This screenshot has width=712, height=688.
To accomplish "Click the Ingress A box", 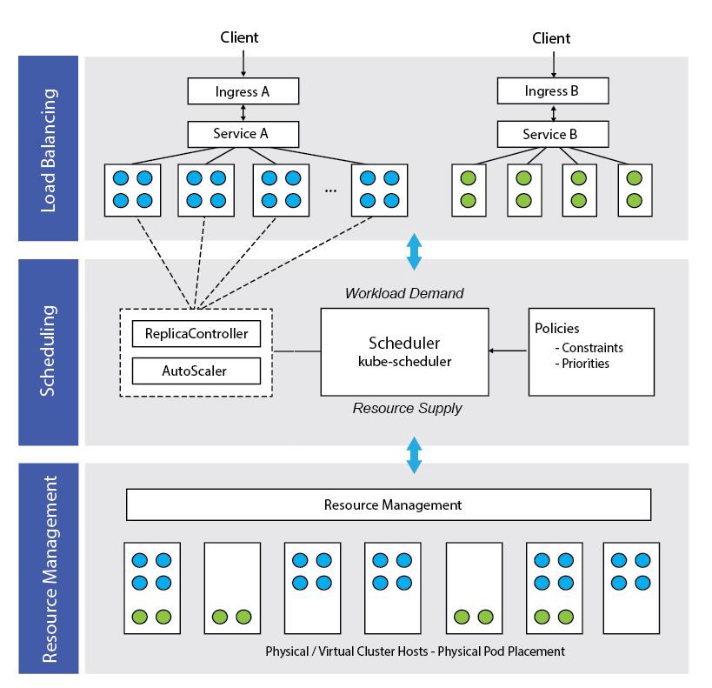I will (243, 90).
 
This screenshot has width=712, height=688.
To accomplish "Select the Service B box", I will (552, 134).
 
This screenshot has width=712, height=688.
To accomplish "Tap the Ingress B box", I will (552, 90).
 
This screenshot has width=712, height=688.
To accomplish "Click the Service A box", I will (243, 134).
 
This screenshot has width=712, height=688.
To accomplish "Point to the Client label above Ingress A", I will (239, 37).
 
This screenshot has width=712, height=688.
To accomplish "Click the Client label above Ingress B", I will (551, 37).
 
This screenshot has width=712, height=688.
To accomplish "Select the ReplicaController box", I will (196, 334).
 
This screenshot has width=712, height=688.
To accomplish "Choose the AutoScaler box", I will (196, 371).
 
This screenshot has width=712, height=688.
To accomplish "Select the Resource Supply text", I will (407, 407).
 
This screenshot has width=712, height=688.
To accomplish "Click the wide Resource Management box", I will (388, 504).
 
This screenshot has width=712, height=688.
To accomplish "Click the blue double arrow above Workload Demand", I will (414, 250).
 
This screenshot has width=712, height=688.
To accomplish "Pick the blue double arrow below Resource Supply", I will (414, 454).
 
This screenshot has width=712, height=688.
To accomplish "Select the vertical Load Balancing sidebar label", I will (49, 149).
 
